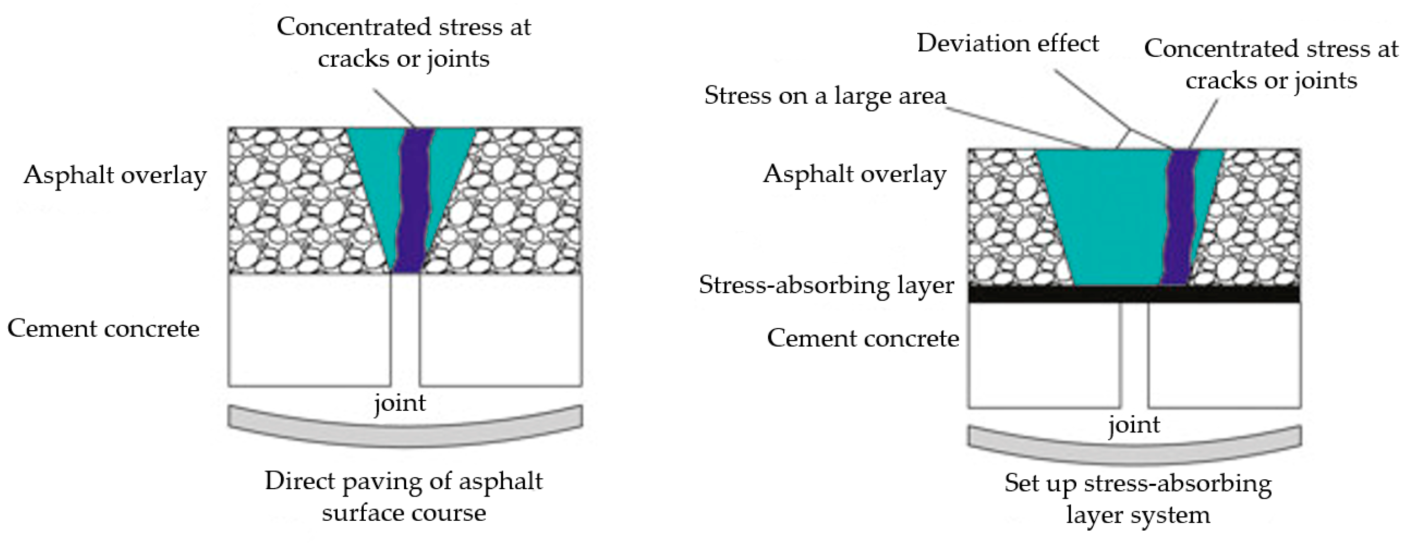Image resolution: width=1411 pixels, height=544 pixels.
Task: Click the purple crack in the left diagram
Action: [412, 202]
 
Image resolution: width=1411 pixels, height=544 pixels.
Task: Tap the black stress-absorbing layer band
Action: [1134, 294]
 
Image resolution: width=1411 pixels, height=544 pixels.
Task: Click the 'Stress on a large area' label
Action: [825, 96]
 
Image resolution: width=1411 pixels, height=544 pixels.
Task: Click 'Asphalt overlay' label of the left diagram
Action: [115, 175]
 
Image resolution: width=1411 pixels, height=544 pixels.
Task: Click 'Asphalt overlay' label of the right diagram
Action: [855, 174]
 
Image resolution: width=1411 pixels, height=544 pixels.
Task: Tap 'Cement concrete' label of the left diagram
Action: [103, 328]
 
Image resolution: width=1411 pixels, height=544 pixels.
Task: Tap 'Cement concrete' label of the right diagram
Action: [863, 338]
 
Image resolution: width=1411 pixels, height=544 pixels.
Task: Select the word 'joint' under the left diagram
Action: [400, 403]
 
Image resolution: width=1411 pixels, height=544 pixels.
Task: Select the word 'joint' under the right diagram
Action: [1134, 425]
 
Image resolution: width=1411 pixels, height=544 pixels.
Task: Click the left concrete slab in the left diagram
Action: [309, 330]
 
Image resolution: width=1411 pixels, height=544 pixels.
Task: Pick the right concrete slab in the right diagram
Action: [1224, 356]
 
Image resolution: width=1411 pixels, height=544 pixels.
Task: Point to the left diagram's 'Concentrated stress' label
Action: [404, 42]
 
